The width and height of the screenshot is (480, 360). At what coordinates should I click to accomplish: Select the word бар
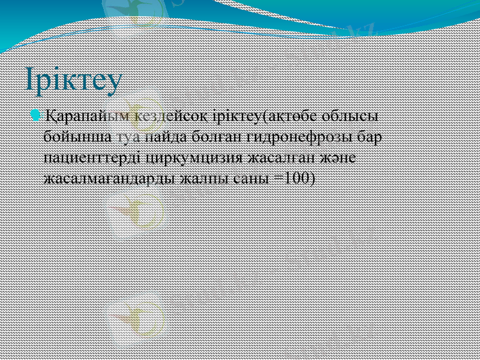coord(365,137)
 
